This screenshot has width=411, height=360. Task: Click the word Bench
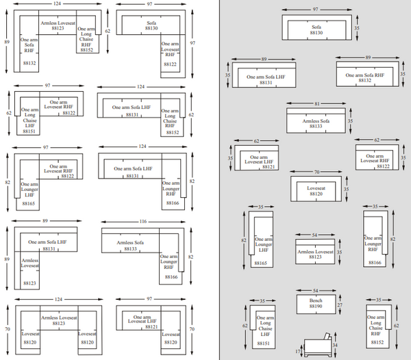tap(315, 300)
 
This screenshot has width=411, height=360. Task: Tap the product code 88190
tap(315, 307)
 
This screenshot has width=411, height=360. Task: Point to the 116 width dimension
tap(142, 222)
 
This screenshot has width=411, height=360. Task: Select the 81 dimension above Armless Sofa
tap(316, 103)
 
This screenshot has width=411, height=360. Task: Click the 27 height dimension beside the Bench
tap(340, 303)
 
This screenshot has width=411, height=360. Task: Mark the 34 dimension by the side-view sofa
tap(334, 346)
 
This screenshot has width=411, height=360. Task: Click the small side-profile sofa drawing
tap(316, 346)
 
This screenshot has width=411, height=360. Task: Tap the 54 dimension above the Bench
tap(316, 291)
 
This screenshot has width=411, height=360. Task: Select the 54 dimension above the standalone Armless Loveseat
tap(315, 235)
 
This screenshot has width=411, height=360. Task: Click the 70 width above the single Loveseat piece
tap(316, 172)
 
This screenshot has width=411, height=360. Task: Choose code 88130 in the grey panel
tap(316, 32)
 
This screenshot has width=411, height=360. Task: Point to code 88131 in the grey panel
tap(265, 83)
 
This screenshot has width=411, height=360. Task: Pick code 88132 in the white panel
tap(29, 63)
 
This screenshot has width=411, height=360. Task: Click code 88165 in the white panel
tap(29, 203)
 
